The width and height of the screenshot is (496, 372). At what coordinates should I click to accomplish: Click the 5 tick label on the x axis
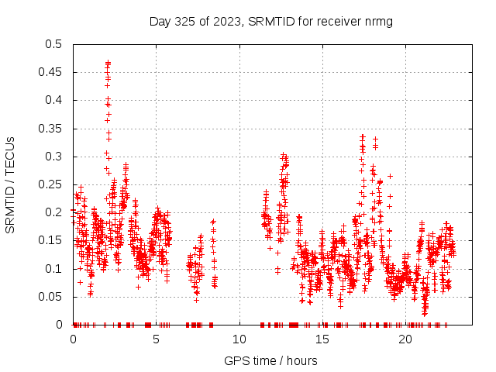(156, 339)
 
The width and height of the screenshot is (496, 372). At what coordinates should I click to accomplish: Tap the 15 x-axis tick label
(322, 339)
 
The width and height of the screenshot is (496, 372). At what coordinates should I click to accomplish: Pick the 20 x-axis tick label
(405, 339)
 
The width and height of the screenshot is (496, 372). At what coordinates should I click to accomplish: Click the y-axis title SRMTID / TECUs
(10, 184)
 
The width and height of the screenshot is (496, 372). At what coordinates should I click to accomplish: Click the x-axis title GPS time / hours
(270, 360)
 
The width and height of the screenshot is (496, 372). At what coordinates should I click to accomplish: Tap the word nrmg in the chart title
(379, 21)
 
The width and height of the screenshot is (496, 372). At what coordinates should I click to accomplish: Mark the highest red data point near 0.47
(108, 63)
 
